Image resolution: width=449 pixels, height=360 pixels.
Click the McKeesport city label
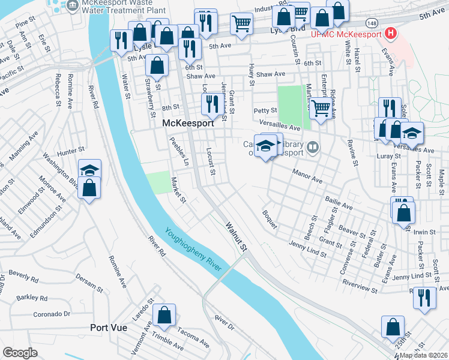(188, 122)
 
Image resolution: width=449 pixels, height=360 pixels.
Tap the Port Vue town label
(108, 328)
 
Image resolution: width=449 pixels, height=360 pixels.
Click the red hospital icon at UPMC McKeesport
(391, 33)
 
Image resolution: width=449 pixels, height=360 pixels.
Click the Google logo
(20, 353)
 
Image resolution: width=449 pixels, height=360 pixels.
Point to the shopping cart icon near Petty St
(321, 109)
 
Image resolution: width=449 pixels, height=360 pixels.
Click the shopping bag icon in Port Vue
(163, 314)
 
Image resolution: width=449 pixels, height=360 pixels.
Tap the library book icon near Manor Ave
(312, 147)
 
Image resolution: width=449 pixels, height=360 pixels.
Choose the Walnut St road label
(236, 236)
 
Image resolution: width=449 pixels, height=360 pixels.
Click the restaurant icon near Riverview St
(424, 297)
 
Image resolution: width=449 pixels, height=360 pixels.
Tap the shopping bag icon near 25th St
(393, 326)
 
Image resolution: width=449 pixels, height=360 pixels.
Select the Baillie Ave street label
(338, 203)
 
